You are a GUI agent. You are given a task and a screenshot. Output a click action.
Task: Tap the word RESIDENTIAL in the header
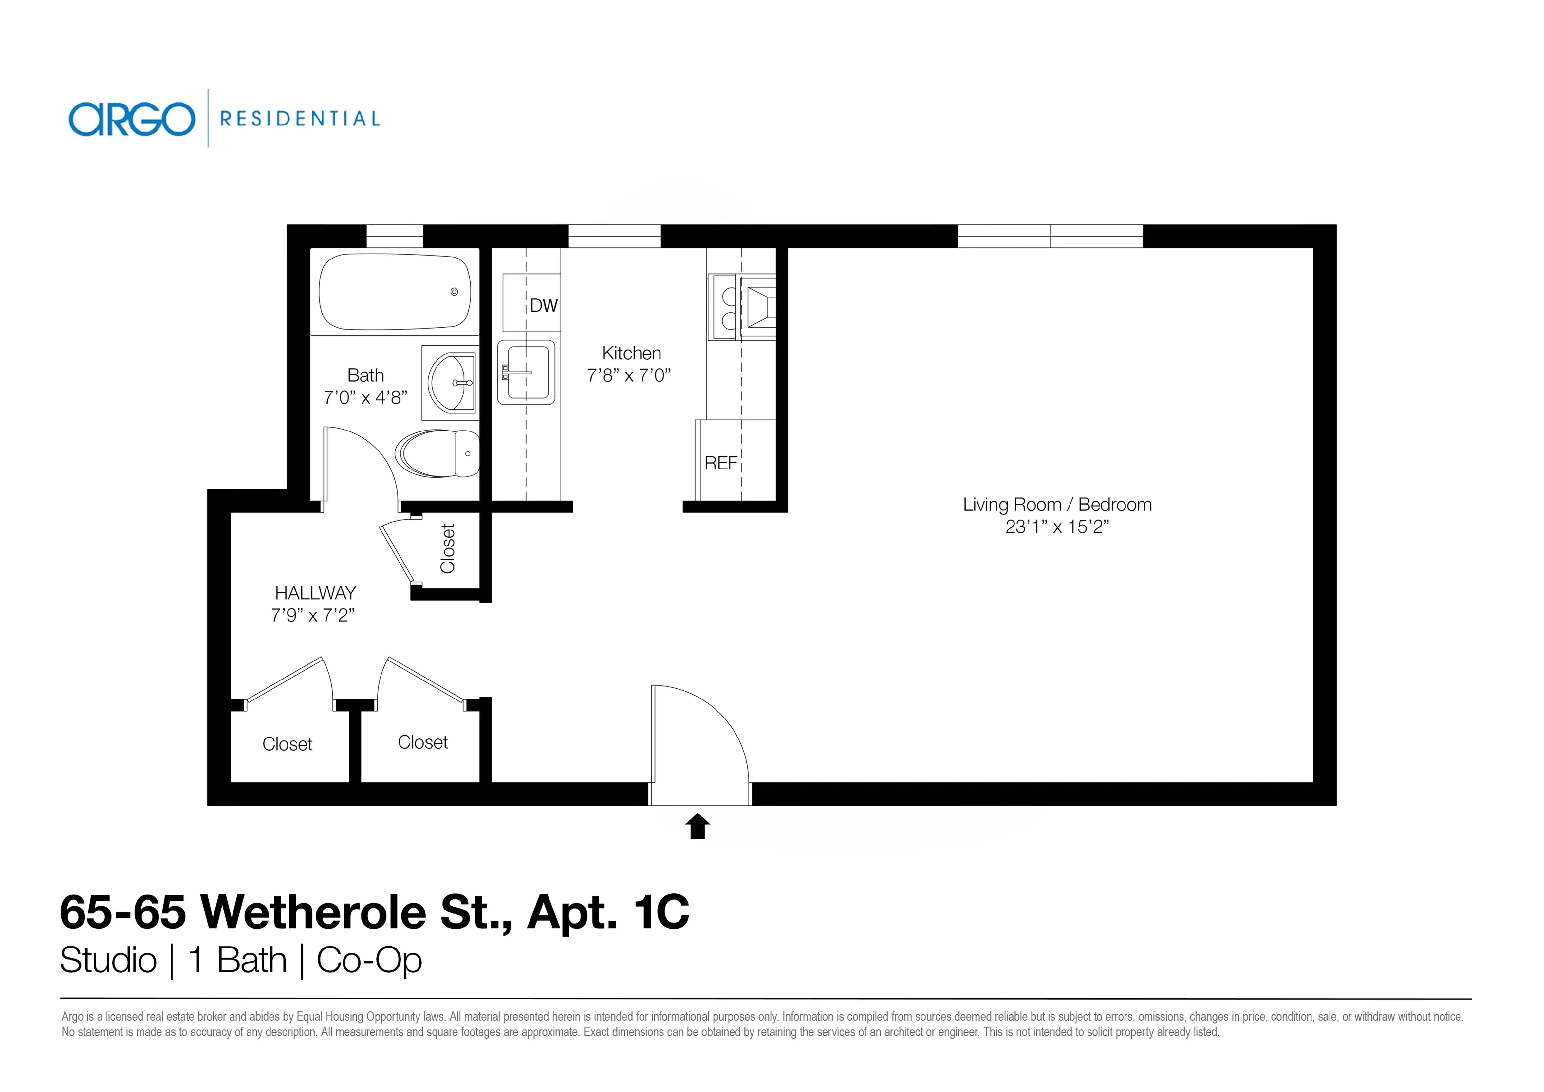click(x=300, y=119)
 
